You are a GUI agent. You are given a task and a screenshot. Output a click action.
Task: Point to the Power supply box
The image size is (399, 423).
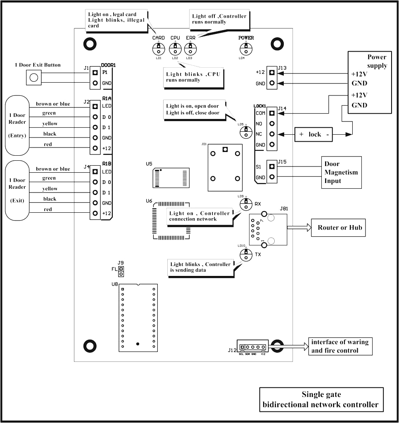pos(369,82)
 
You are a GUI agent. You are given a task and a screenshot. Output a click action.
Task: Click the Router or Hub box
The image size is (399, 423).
pos(338,228)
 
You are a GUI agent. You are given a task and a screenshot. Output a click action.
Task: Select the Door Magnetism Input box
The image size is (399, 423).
pos(341,172)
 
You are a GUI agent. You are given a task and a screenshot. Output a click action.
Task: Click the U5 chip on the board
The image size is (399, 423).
pos(171,178)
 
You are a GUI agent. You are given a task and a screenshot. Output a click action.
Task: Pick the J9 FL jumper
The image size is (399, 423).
pos(121,271)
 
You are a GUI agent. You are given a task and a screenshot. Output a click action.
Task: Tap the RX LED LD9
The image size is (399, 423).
pos(246,203)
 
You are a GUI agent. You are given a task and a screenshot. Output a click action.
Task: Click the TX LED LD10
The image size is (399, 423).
pos(246,254)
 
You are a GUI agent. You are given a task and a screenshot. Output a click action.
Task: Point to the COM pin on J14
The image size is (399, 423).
pos(271,113)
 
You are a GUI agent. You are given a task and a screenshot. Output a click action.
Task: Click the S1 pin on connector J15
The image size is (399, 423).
pos(271,167)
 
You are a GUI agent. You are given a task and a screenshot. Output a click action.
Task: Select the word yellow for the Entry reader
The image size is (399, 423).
pos(50,124)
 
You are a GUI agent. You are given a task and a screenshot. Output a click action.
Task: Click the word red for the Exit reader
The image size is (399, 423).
pos(48,209)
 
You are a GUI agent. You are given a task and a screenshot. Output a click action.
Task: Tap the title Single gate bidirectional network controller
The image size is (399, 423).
pos(321,400)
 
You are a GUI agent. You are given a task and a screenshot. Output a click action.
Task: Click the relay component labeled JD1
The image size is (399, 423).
pos(225,168)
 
